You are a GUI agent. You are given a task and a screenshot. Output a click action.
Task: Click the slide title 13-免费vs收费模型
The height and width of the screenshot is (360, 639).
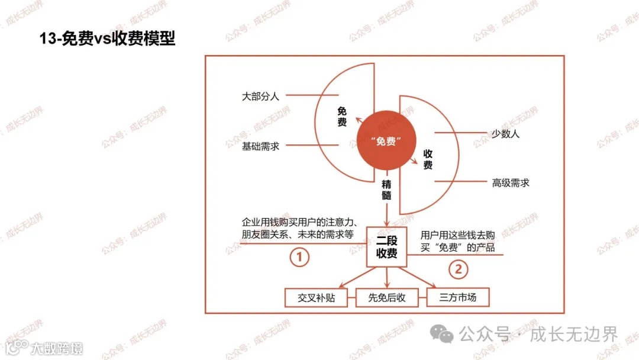pyautogui.click(x=107, y=39)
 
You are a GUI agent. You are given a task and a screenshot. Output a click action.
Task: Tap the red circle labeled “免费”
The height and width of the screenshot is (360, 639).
pyautogui.click(x=386, y=142)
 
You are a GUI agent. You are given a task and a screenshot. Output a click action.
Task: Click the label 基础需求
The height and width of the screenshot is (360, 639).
pyautogui.click(x=260, y=146)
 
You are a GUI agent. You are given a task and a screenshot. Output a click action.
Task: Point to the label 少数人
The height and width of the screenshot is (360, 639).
pyautogui.click(x=505, y=134)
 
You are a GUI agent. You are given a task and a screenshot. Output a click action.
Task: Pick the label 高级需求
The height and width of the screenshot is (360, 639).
pyautogui.click(x=510, y=182)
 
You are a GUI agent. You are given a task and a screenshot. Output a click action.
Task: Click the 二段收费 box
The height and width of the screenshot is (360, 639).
pyautogui.click(x=387, y=246)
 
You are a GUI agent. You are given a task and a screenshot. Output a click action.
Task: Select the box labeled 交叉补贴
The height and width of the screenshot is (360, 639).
pyautogui.click(x=317, y=297)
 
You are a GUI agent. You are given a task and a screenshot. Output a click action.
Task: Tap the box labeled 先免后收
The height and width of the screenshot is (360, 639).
pyautogui.click(x=387, y=297)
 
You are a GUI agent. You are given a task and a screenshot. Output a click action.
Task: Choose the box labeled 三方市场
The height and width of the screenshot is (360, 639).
pyautogui.click(x=458, y=297)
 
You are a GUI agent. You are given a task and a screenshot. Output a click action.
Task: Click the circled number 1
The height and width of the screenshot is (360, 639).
pyautogui.click(x=299, y=257)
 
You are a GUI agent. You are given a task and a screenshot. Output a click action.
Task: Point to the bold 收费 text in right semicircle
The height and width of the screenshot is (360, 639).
pyautogui.click(x=428, y=159)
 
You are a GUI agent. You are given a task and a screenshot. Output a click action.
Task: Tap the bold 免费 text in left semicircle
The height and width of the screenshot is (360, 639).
pyautogui.click(x=342, y=116)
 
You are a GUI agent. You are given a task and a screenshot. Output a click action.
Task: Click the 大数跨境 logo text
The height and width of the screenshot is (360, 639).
pyautogui.click(x=57, y=348)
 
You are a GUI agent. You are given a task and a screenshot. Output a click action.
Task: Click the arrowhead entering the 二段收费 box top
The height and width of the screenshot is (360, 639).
pyautogui.click(x=387, y=223)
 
